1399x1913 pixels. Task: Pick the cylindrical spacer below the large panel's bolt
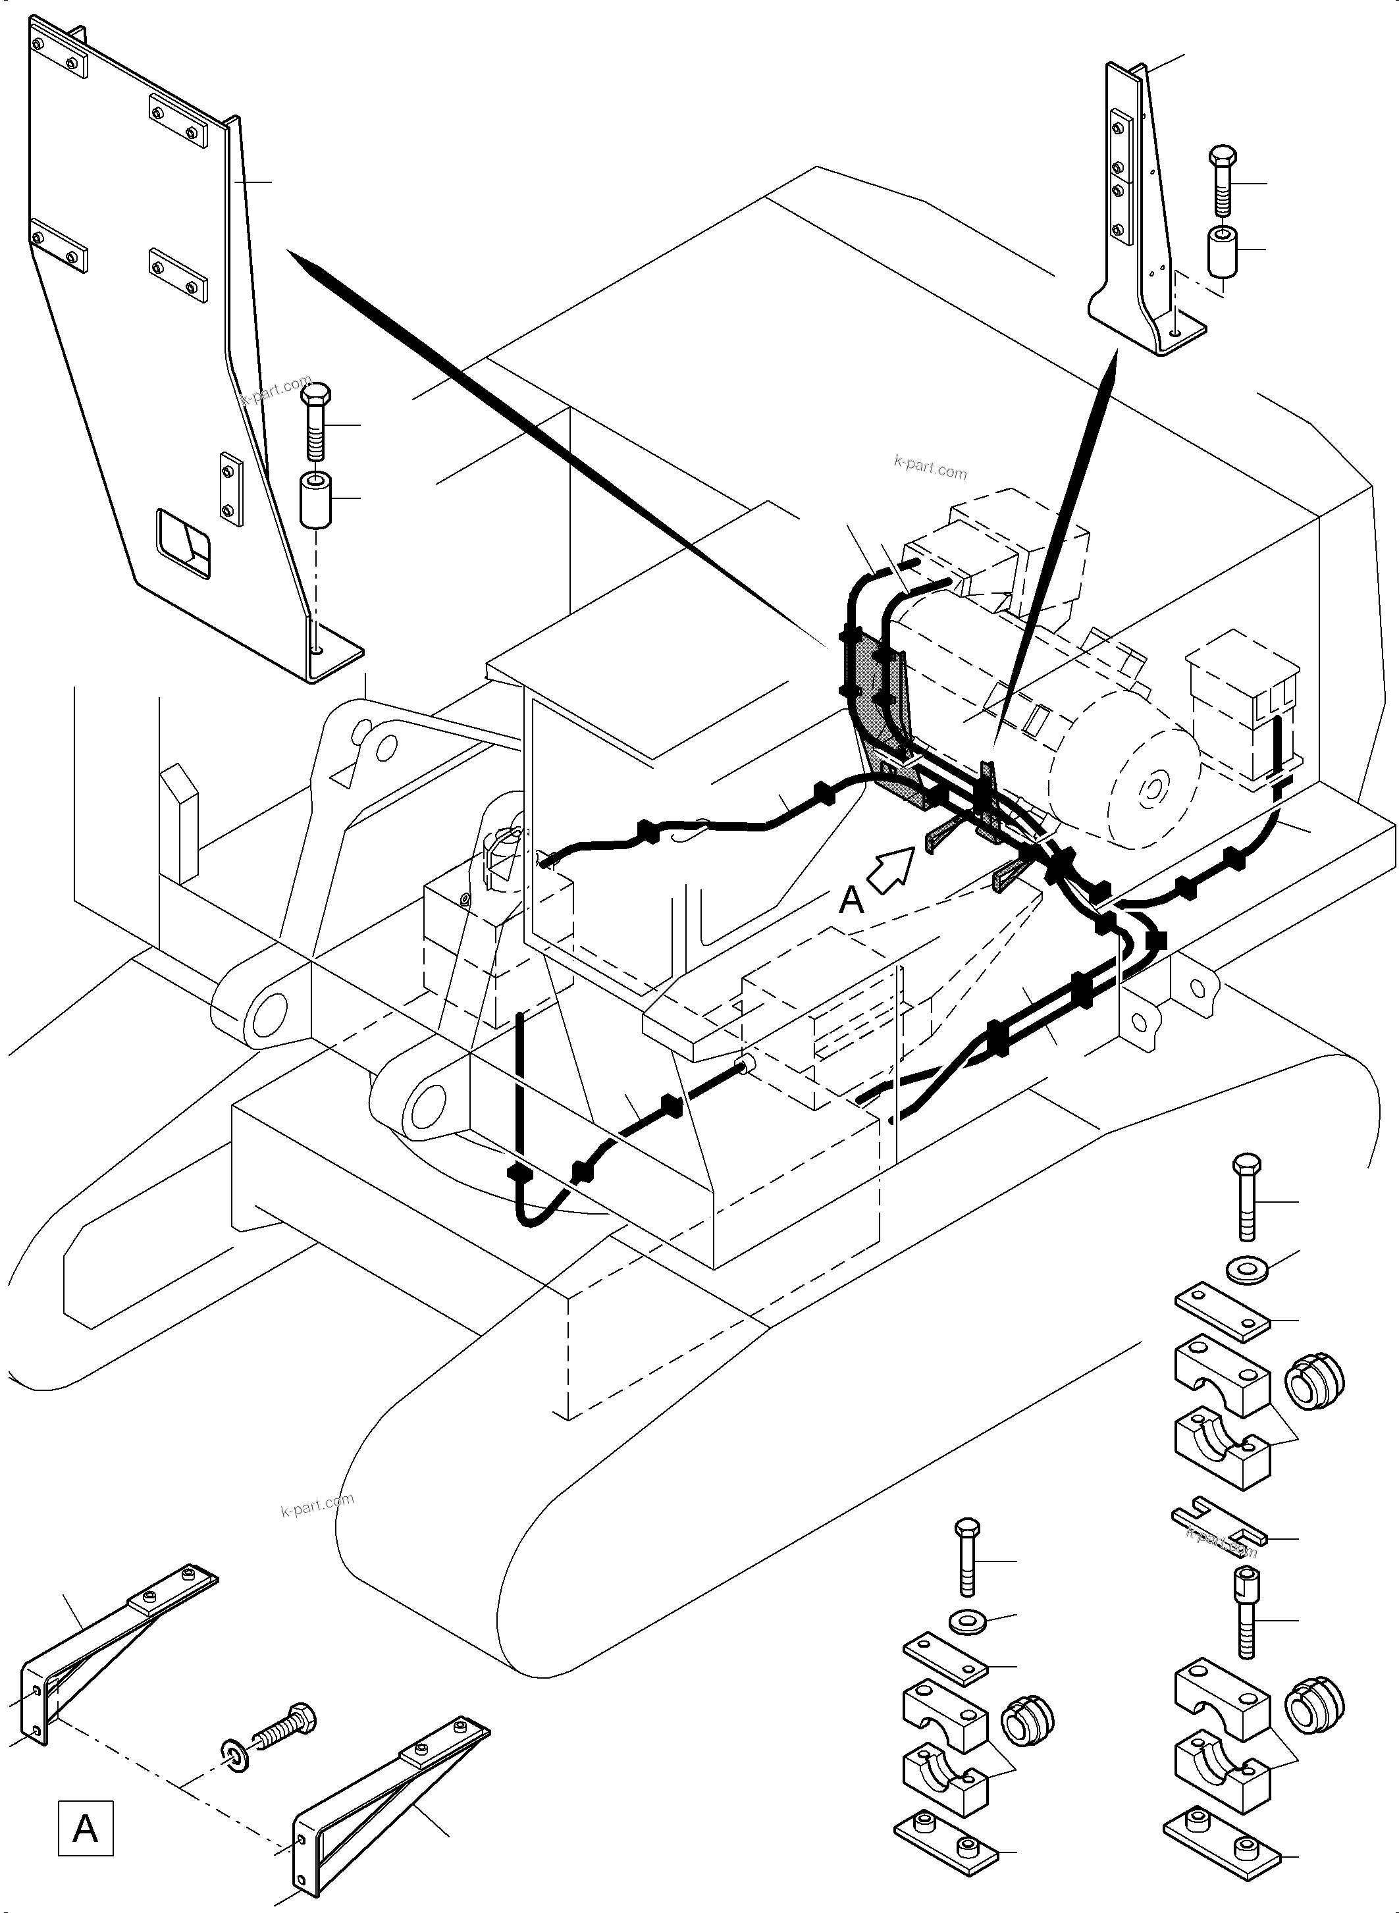316,500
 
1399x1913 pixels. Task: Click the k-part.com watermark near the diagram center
930,467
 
